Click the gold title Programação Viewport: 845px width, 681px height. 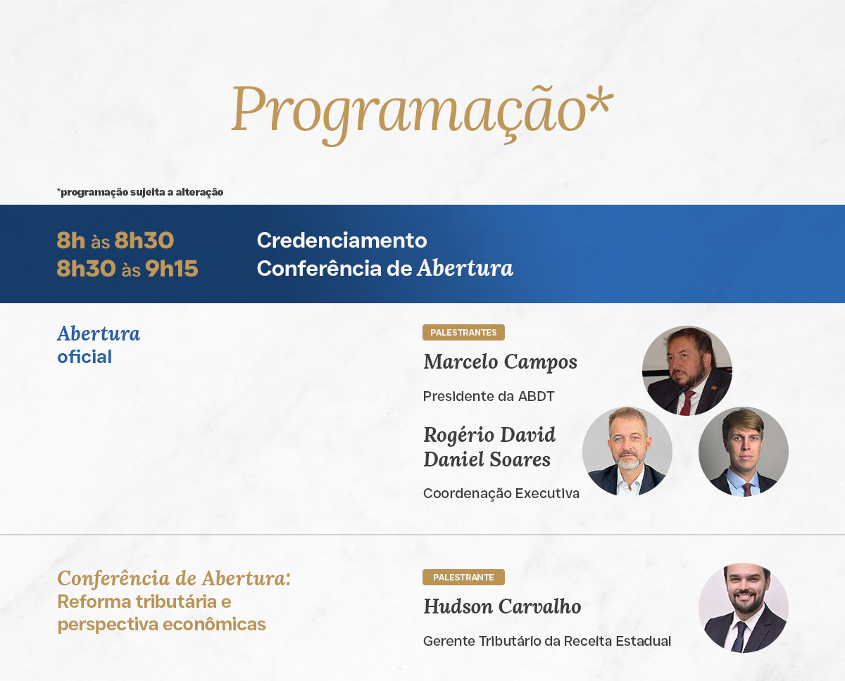[x=408, y=114]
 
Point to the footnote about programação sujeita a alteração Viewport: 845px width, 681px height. [x=140, y=192]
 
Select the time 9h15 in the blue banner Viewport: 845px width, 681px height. [x=172, y=269]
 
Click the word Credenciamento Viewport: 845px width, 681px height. [x=342, y=240]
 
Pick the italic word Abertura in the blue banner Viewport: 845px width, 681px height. [x=465, y=268]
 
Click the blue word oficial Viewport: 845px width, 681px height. [x=84, y=357]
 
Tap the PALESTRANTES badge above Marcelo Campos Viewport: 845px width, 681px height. [x=463, y=332]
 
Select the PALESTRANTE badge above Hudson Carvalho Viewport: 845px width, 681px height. [x=463, y=577]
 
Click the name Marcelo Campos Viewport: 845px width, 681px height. [x=500, y=362]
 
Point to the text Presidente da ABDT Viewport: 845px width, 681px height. [x=489, y=396]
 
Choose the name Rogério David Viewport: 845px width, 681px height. [x=489, y=435]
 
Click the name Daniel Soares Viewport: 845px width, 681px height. [x=487, y=459]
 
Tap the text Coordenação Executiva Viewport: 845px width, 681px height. [x=501, y=493]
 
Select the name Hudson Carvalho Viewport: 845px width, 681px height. [x=502, y=606]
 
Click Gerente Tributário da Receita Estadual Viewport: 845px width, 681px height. [x=547, y=641]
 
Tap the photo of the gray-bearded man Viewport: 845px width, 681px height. [x=627, y=451]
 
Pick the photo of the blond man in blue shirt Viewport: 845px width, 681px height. [x=744, y=451]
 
